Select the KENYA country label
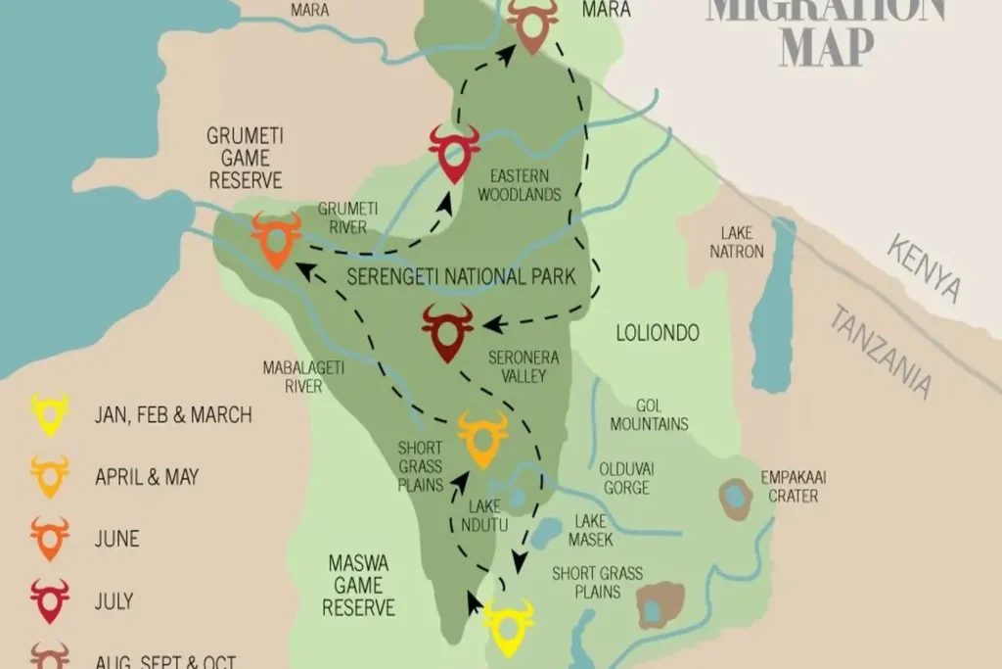(x=924, y=267)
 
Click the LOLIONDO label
(x=658, y=333)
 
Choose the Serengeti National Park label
(x=461, y=276)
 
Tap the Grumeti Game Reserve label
(x=245, y=158)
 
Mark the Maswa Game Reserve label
(x=358, y=585)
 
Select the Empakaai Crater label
(x=795, y=487)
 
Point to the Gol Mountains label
(x=649, y=414)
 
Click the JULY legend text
(x=114, y=600)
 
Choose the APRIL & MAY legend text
(x=147, y=477)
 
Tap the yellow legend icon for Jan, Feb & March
(x=50, y=413)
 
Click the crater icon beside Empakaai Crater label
(x=734, y=499)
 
